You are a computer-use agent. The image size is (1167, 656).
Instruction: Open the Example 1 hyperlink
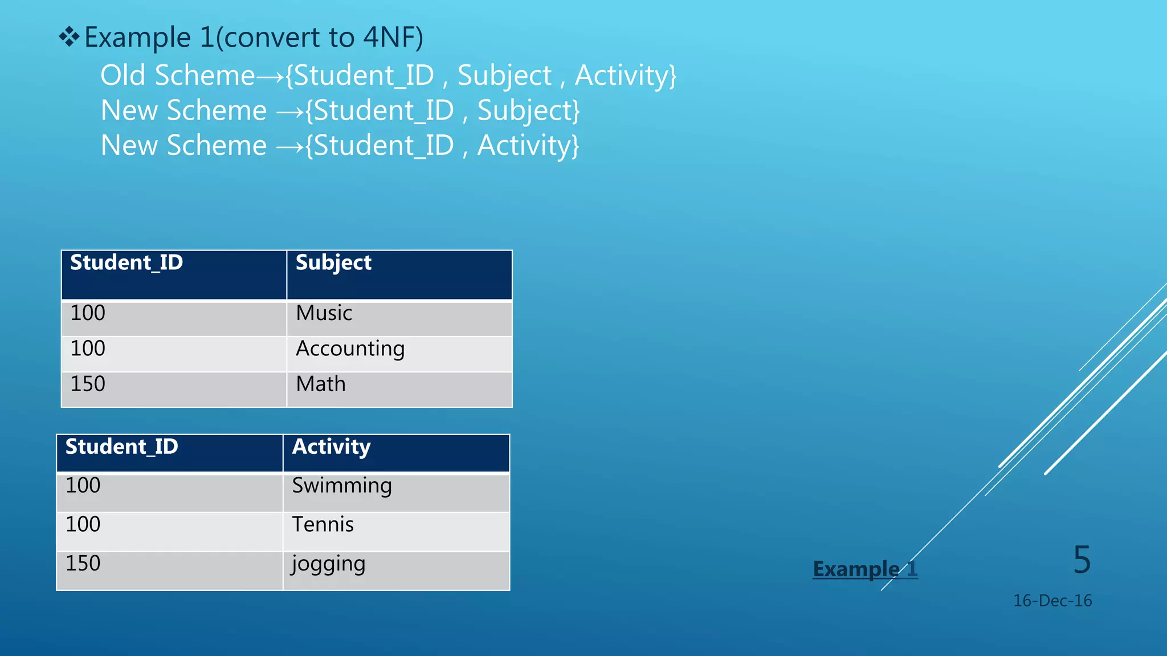(x=865, y=569)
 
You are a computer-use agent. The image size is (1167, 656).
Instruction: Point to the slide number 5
(x=1082, y=560)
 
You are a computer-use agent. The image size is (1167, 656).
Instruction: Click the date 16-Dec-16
(x=1052, y=601)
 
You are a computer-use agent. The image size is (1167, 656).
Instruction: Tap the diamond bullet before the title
(x=69, y=38)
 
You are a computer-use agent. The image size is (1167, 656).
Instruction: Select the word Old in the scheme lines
(x=123, y=75)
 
